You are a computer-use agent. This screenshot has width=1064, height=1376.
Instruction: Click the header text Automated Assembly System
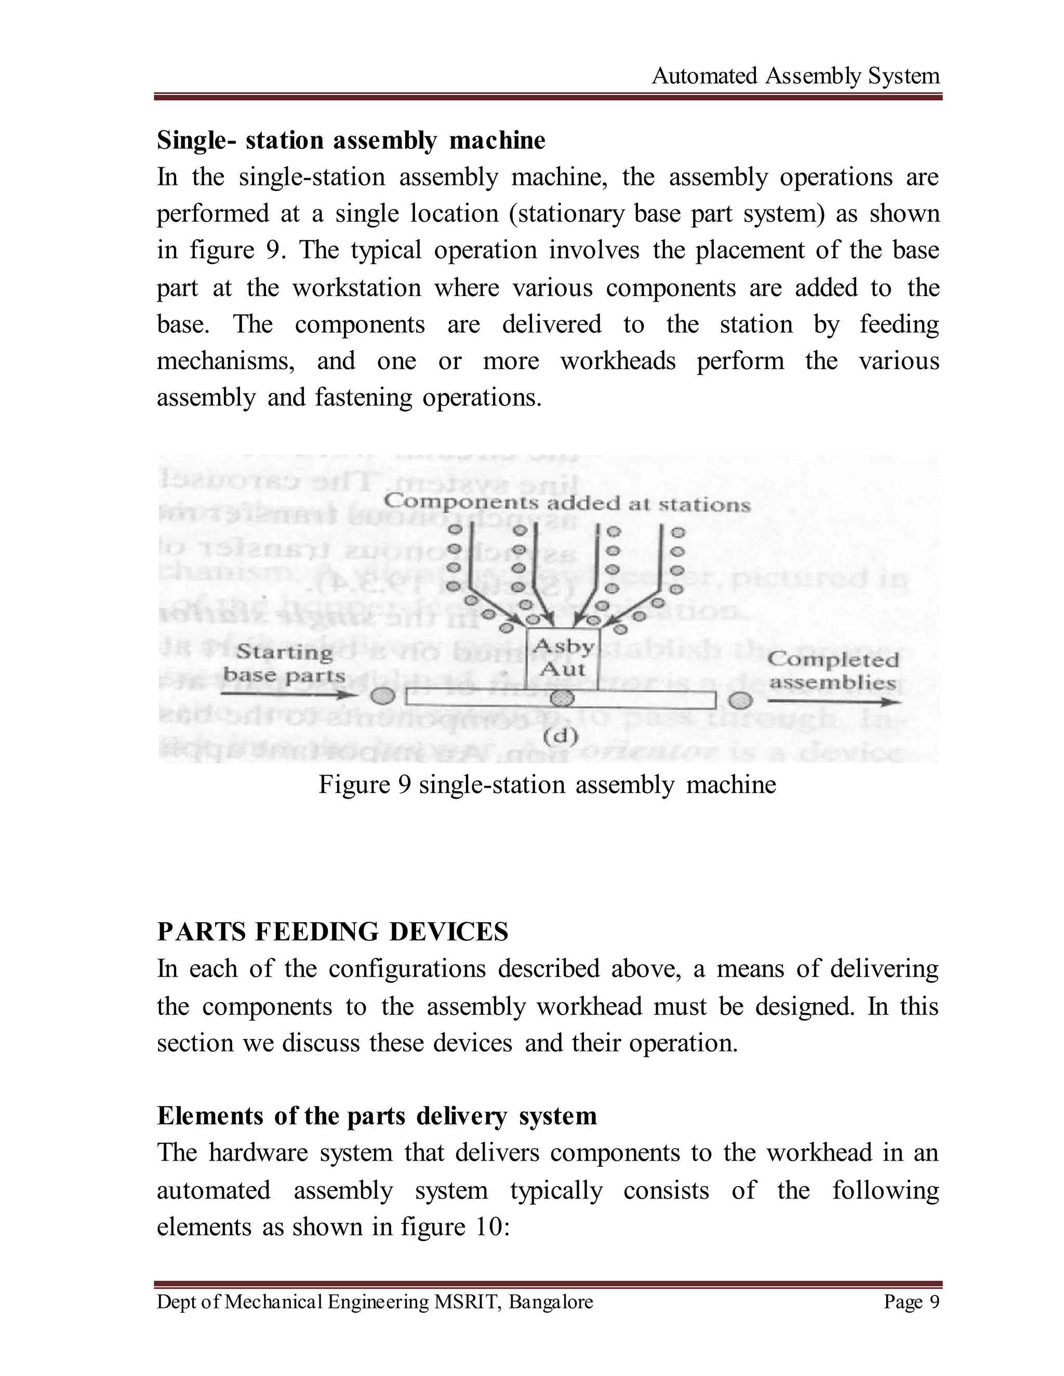(x=795, y=76)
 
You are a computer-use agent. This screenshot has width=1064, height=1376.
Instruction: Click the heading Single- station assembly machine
(x=351, y=140)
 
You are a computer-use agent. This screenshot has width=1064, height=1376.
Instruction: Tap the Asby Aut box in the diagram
(x=563, y=658)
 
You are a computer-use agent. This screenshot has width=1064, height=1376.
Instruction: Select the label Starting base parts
(x=284, y=664)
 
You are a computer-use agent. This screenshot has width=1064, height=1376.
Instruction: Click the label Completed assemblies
(x=832, y=670)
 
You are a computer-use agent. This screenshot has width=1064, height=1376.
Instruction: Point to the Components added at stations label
(x=567, y=503)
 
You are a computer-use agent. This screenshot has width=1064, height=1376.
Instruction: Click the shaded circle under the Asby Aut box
(x=562, y=698)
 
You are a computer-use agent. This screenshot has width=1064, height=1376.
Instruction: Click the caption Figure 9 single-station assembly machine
(x=547, y=785)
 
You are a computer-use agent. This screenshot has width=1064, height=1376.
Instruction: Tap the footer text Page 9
(x=911, y=1302)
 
